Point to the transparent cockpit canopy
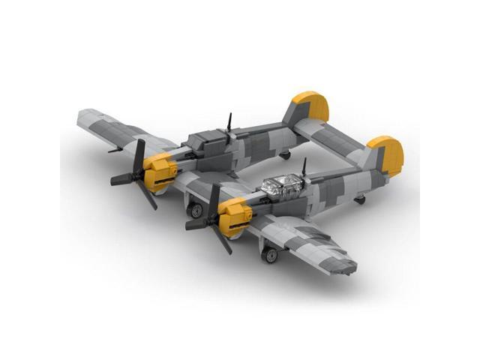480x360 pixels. point(281,184)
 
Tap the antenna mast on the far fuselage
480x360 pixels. point(229,122)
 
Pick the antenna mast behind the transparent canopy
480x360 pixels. point(304,166)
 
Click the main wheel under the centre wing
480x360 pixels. point(196,211)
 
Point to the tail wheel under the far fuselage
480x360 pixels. point(285,154)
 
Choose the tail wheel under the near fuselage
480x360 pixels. point(360,199)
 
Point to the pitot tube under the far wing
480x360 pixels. point(115,150)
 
